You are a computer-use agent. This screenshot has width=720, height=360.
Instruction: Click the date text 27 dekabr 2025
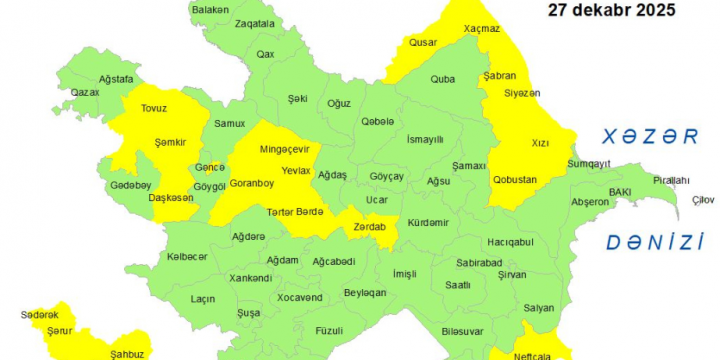(x=611, y=11)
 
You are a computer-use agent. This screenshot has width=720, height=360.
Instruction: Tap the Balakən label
(x=210, y=10)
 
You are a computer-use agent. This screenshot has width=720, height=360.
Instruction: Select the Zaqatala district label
(x=254, y=23)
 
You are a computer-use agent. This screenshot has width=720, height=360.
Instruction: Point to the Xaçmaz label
(x=482, y=29)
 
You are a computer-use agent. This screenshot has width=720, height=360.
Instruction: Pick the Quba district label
(x=442, y=79)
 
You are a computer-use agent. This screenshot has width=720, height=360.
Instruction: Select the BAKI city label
(x=620, y=191)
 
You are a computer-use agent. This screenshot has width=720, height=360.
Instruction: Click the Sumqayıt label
(x=589, y=163)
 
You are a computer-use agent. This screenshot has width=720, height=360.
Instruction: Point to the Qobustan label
(x=515, y=180)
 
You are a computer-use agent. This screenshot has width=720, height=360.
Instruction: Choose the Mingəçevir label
(x=285, y=149)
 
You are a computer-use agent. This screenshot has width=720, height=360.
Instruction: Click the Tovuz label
(x=154, y=107)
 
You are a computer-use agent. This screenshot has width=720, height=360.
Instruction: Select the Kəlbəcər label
(x=186, y=257)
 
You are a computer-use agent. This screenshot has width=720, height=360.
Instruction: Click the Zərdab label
(x=369, y=227)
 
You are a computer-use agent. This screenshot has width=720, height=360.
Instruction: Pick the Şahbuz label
(x=127, y=354)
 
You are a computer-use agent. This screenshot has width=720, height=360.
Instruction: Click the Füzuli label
(x=328, y=329)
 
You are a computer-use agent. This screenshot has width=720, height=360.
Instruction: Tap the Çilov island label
(x=703, y=200)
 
